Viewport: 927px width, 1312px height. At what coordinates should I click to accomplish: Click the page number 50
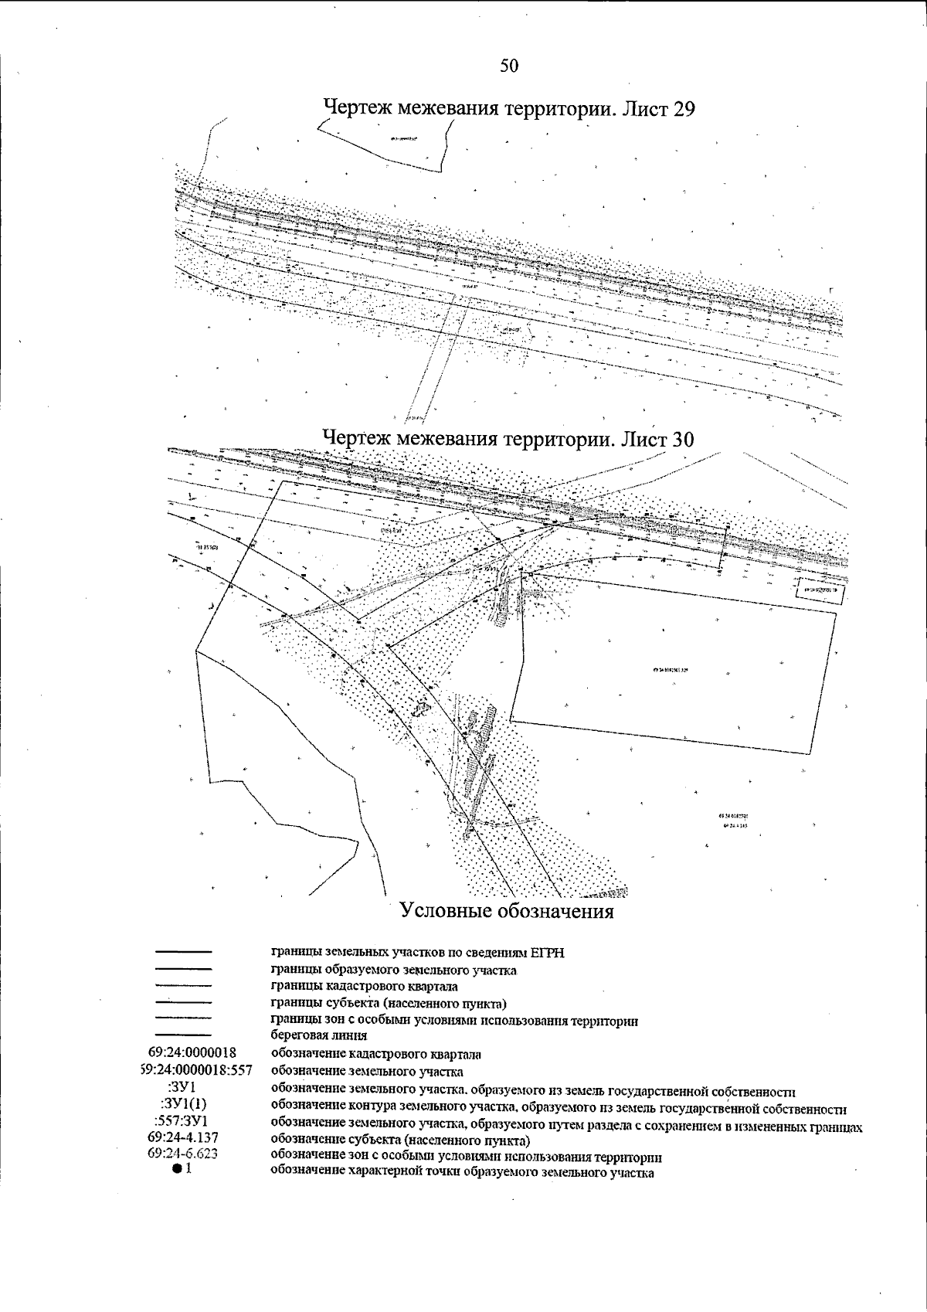(x=509, y=66)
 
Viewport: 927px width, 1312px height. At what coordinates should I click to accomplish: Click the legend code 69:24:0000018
(x=192, y=1053)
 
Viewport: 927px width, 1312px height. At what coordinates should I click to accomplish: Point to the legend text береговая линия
(x=318, y=1035)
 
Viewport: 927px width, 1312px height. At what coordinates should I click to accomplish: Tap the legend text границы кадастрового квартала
(x=364, y=987)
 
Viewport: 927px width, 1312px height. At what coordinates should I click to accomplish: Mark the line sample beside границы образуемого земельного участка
(x=183, y=969)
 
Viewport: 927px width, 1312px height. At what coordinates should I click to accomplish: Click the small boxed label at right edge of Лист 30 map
(x=820, y=590)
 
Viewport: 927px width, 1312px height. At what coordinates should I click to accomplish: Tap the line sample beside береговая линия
(x=183, y=1035)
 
